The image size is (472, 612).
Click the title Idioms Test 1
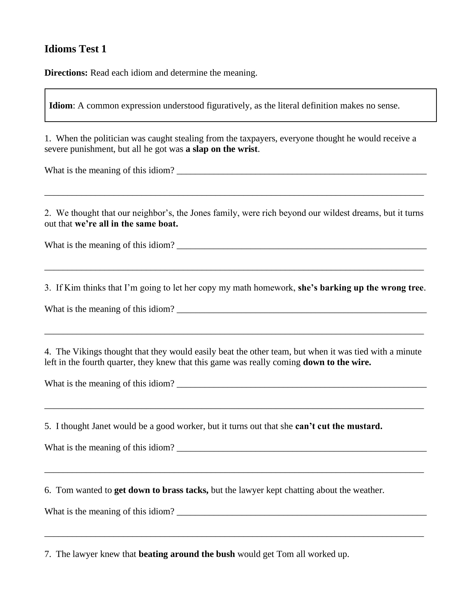[x=75, y=49]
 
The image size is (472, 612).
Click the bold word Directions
[x=66, y=73]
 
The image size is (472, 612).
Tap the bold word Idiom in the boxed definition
[x=61, y=106]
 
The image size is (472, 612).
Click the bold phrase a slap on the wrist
[x=221, y=149]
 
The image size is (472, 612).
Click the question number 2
[x=47, y=213]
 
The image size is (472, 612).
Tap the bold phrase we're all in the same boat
[x=126, y=224]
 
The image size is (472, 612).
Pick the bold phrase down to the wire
[x=337, y=362]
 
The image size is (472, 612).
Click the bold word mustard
[x=365, y=426]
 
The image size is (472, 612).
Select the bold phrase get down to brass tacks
[x=161, y=490]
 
